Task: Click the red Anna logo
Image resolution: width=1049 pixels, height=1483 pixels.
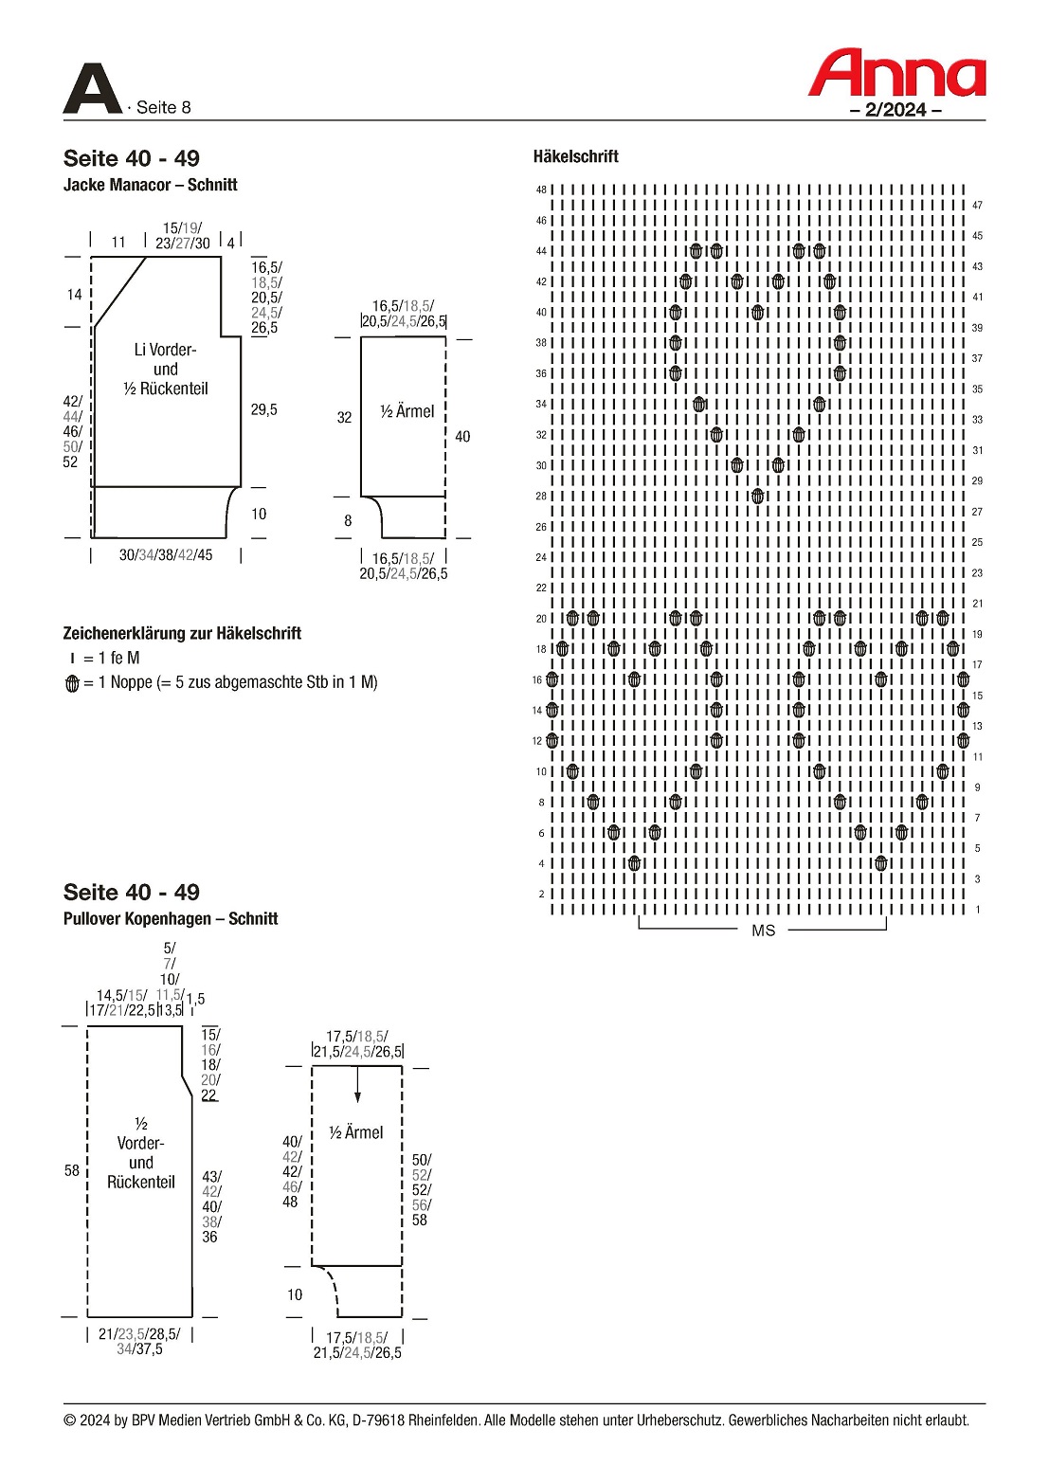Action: (896, 74)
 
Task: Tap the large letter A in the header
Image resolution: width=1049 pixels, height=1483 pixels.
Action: (92, 89)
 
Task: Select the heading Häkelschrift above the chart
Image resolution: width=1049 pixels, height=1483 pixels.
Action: (575, 156)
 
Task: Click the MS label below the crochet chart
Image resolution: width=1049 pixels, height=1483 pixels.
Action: (763, 931)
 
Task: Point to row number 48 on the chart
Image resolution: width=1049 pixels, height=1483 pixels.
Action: (541, 190)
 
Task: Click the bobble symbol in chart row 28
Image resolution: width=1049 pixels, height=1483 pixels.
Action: (757, 496)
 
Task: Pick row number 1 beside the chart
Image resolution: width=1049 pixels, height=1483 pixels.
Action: (978, 910)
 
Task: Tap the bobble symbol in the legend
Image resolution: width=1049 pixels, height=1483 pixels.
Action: (72, 683)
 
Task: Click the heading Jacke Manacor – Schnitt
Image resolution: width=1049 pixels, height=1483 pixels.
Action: (150, 185)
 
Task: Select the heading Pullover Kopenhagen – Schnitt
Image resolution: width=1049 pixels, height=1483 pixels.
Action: (171, 918)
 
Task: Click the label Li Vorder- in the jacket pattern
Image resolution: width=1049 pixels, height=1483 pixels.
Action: (165, 350)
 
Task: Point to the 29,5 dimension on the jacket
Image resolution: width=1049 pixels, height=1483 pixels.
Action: (264, 409)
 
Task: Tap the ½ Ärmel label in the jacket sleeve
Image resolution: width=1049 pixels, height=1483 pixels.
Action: (407, 411)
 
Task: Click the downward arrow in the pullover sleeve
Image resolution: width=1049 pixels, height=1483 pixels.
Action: (357, 1086)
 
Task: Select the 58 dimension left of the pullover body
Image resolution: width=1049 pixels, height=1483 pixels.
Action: (72, 1170)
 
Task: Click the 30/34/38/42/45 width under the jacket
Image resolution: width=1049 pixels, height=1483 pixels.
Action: (166, 555)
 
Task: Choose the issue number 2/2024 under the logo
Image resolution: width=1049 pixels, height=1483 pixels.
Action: (895, 109)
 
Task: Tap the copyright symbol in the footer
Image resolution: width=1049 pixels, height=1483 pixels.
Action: (70, 1420)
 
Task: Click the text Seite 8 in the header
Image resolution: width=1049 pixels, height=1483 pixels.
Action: (163, 107)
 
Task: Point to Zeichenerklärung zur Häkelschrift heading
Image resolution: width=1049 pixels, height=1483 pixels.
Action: (182, 633)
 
